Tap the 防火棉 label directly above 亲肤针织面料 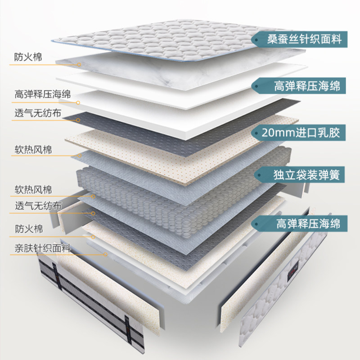click(x=29, y=229)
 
